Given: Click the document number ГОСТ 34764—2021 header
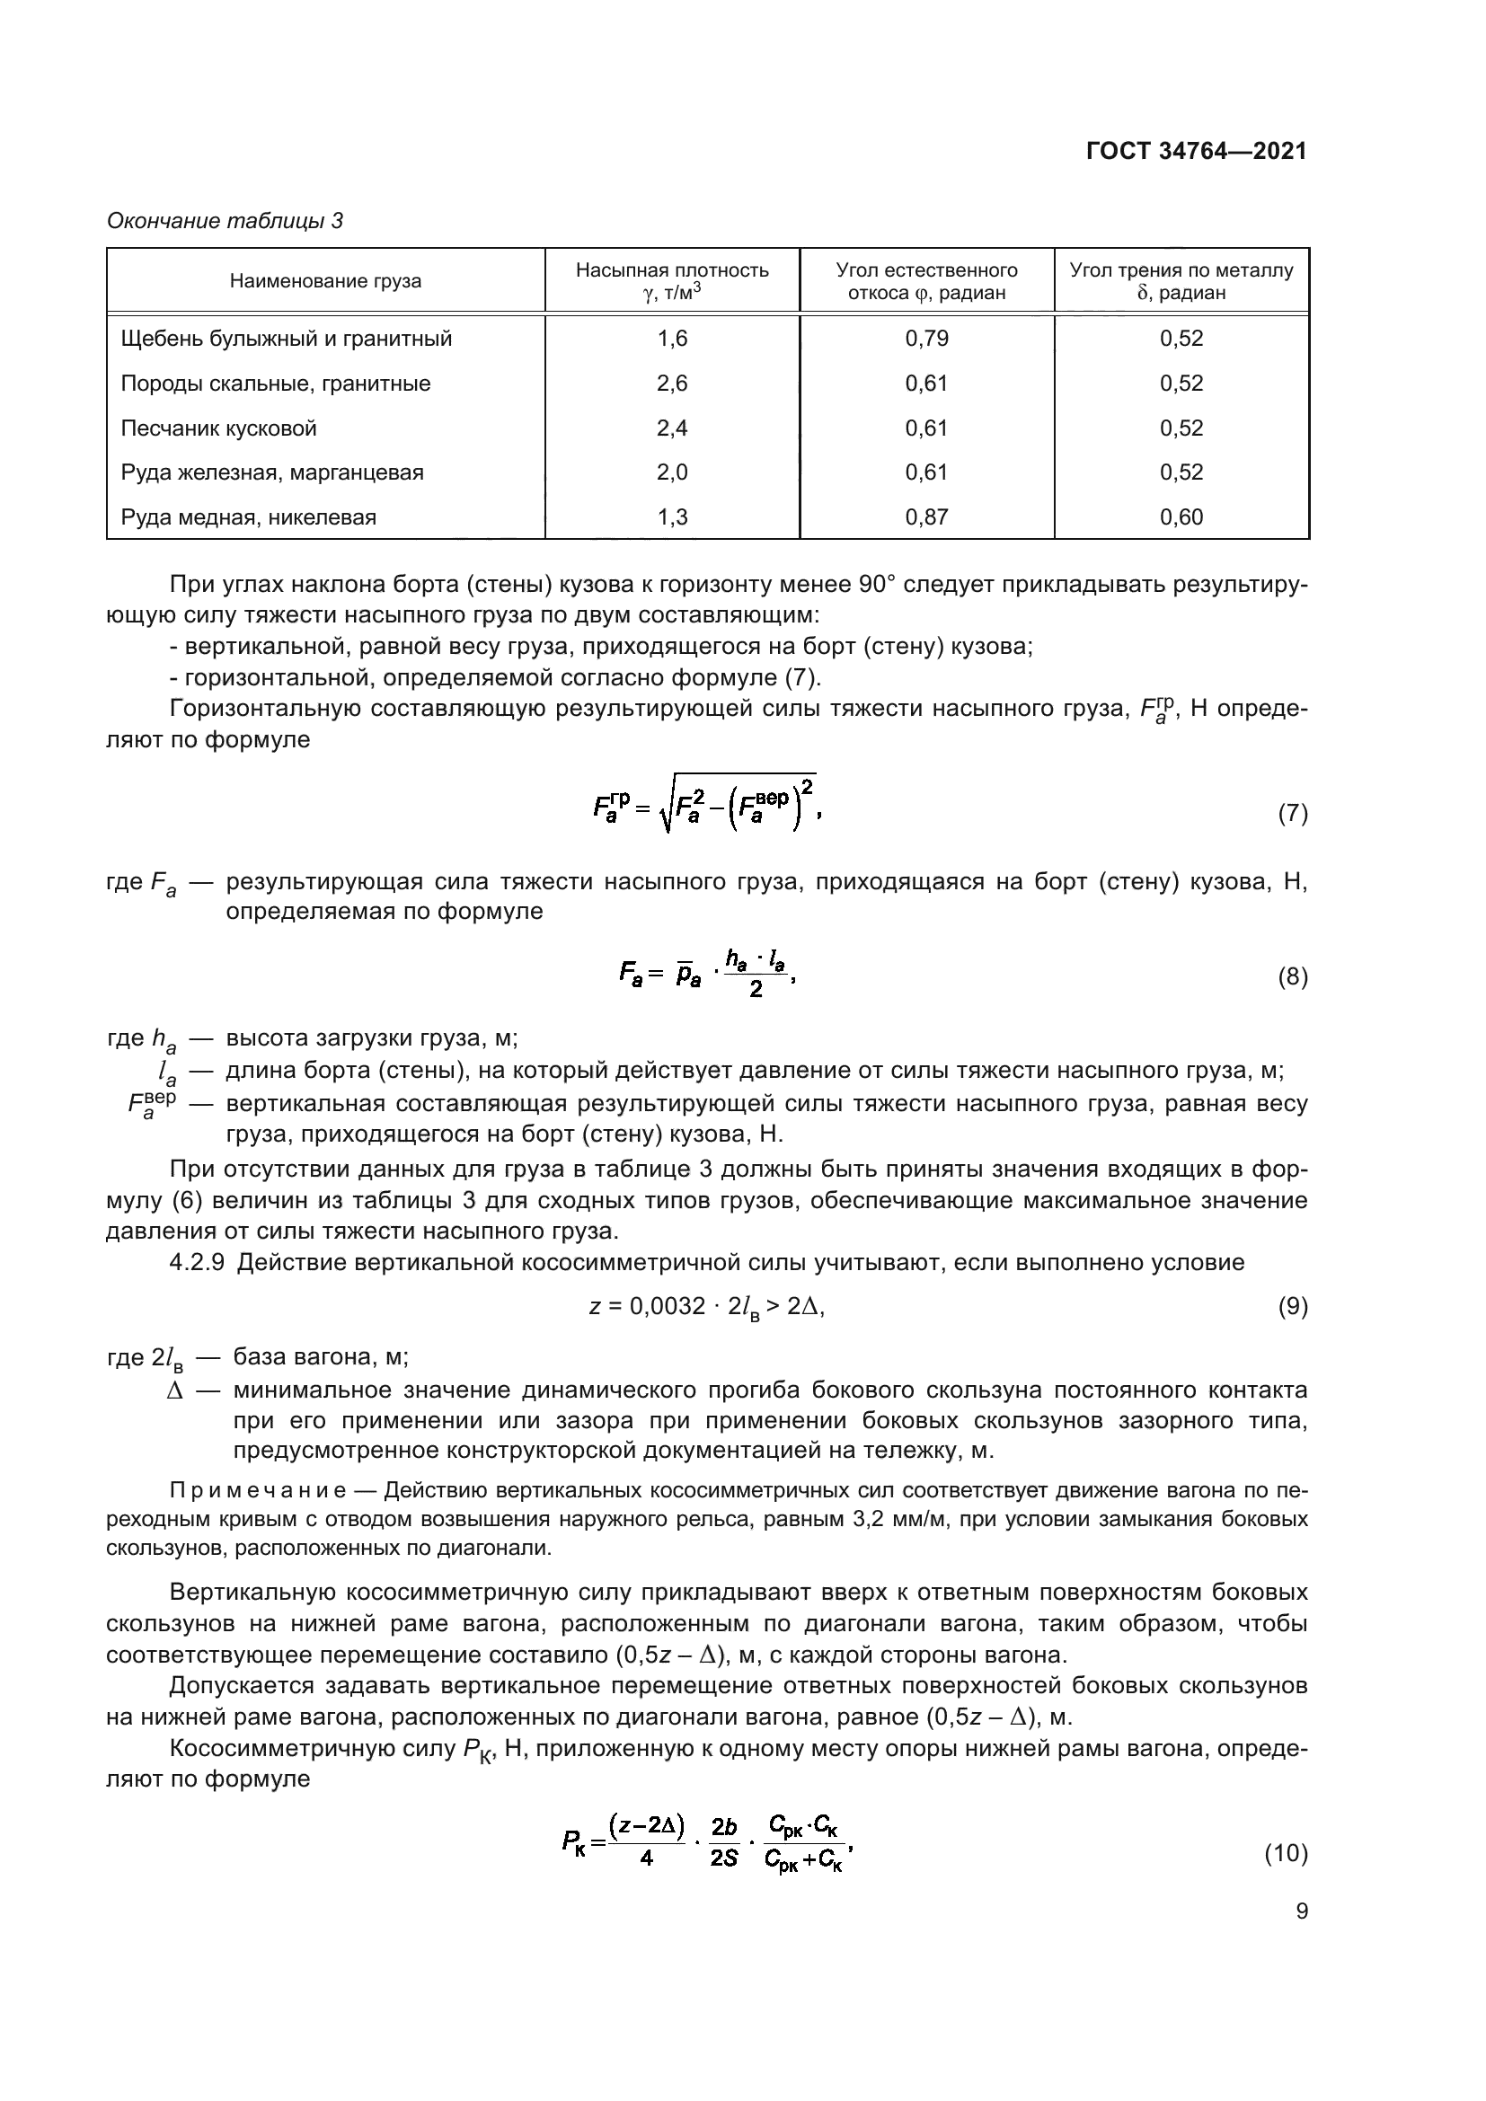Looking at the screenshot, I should [x=1196, y=151].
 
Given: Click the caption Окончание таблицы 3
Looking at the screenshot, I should [x=226, y=221].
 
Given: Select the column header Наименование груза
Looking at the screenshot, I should [x=325, y=281].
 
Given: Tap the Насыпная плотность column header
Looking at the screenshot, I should [x=672, y=271].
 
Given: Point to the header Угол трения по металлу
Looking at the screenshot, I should [x=1181, y=271].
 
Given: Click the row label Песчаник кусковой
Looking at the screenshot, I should [x=218, y=428].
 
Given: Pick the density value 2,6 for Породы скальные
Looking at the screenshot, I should [x=672, y=384].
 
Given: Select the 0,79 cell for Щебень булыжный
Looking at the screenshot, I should [x=926, y=339].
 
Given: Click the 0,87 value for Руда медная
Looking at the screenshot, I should [x=926, y=517].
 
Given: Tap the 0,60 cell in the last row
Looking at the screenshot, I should [x=1181, y=517].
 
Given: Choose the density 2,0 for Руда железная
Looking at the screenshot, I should [x=672, y=472].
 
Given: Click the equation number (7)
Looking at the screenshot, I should [x=1292, y=814].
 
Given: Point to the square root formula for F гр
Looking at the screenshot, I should [x=704, y=802].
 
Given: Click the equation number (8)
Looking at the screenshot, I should [x=1292, y=977].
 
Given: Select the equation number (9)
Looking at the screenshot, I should [x=1292, y=1307].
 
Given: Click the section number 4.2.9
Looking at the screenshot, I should [x=197, y=1263].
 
